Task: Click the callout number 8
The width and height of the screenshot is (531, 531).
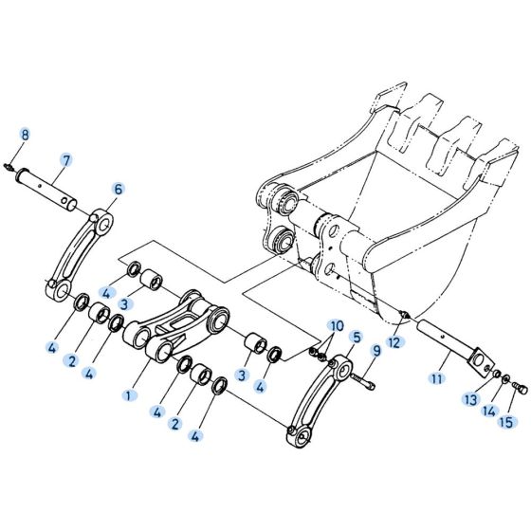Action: (26, 135)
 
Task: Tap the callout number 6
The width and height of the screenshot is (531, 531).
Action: (119, 189)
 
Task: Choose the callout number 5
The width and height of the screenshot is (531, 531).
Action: (356, 337)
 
